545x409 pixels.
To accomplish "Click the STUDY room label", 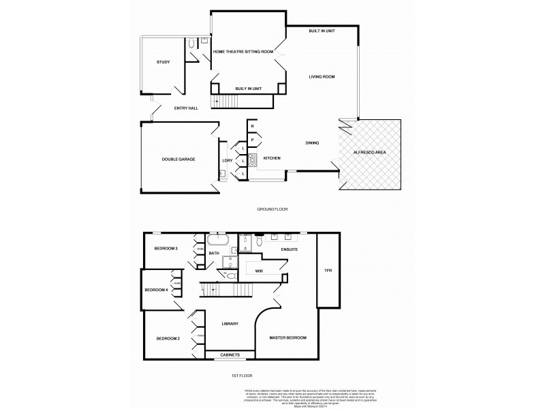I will (163, 62).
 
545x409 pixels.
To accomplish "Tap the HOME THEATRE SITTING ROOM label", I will (243, 52).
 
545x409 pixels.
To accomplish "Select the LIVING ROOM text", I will (322, 76).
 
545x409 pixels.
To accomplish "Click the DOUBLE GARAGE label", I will (178, 159).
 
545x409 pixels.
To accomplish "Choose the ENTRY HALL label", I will (186, 108).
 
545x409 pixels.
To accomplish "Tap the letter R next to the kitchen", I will (252, 127).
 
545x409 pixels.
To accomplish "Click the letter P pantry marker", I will (252, 140).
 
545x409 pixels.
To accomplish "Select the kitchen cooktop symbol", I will (251, 160).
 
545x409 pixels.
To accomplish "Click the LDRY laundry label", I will (228, 161).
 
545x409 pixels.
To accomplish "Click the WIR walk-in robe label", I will (259, 271).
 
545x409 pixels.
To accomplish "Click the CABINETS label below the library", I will (230, 355).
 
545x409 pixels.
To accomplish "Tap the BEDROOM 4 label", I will (156, 290).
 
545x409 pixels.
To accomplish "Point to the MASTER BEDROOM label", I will (287, 338).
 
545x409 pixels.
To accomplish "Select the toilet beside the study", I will (192, 43).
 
